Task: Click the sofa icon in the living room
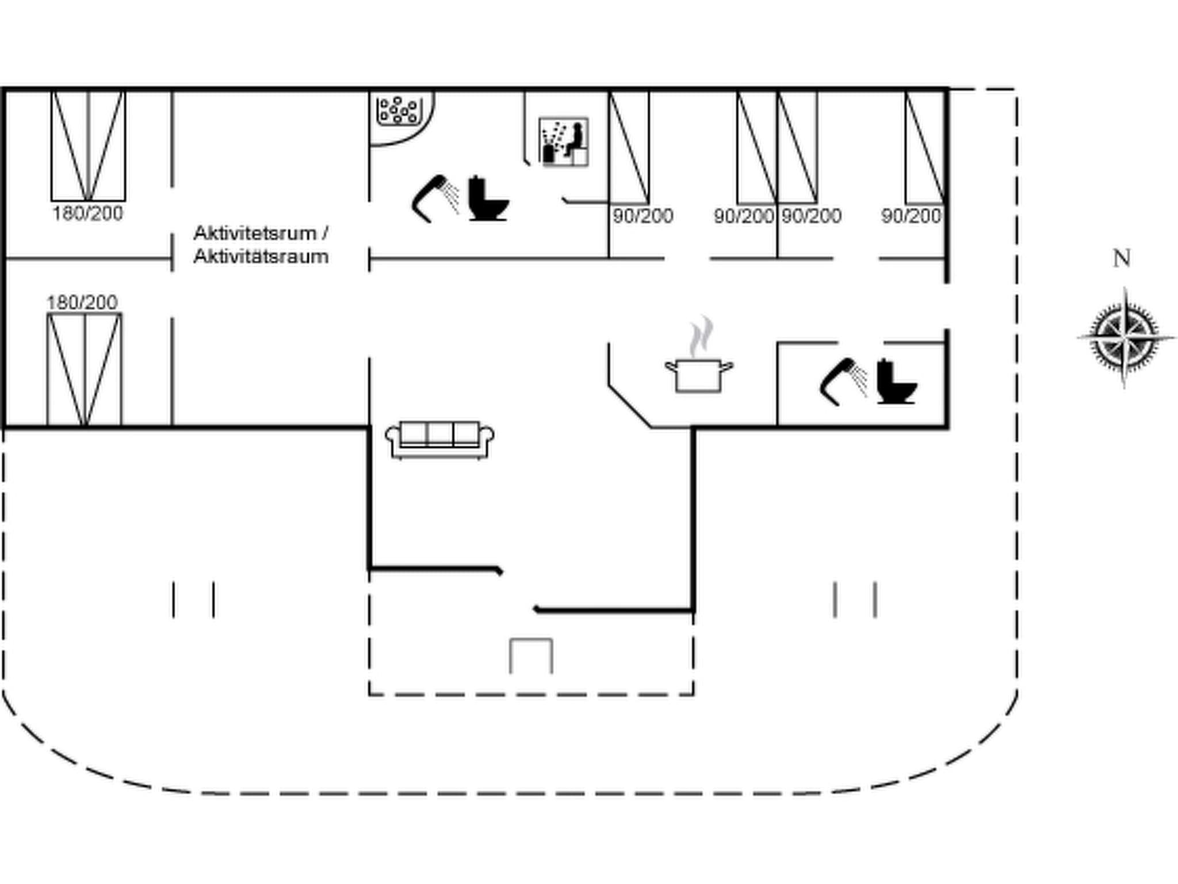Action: [x=439, y=440]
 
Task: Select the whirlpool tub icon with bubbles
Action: [x=398, y=110]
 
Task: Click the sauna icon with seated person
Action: [x=564, y=142]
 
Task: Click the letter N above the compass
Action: [x=1122, y=258]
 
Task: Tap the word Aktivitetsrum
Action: [x=255, y=233]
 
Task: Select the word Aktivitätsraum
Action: [x=261, y=257]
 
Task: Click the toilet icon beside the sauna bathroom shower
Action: [x=488, y=199]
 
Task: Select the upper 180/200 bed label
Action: [x=88, y=214]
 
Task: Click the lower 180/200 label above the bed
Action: [x=82, y=302]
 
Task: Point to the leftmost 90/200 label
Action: [x=642, y=216]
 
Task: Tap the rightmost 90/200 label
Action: [x=911, y=216]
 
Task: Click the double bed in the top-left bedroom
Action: [x=88, y=146]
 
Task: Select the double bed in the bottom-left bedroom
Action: [x=85, y=369]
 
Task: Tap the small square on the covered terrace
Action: [x=531, y=656]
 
